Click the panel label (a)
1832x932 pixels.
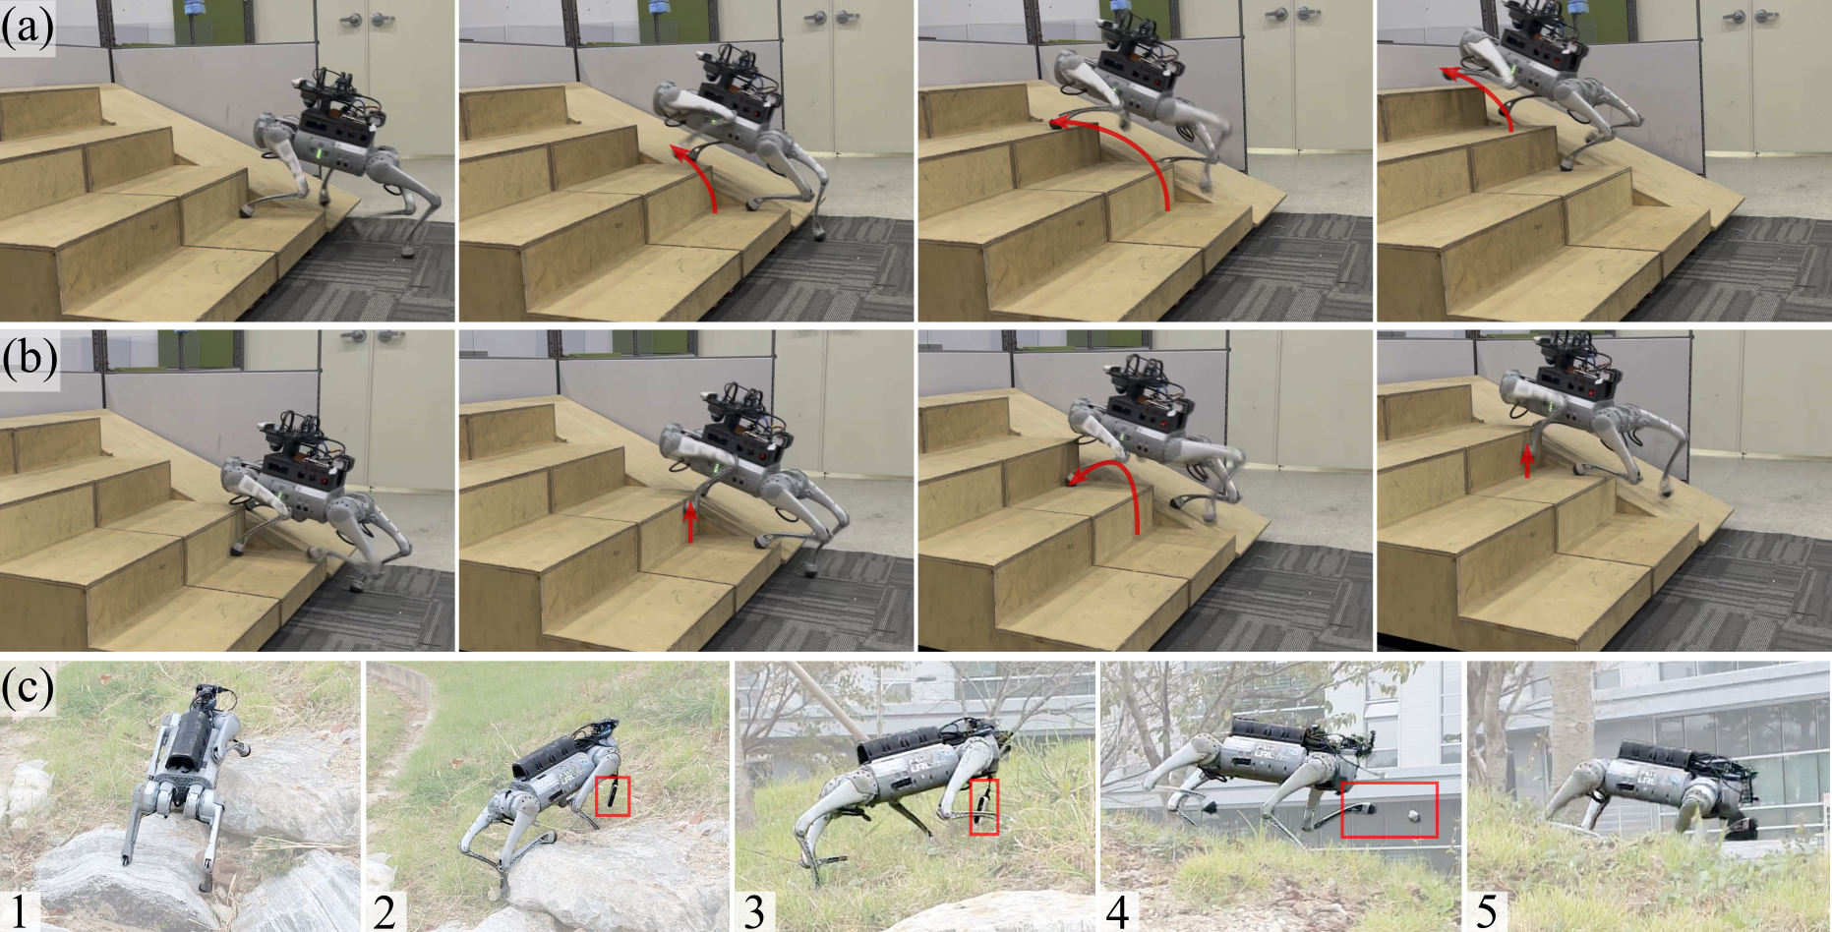point(27,28)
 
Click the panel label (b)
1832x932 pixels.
point(29,359)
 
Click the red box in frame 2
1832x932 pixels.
point(613,795)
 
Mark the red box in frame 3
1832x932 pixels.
point(984,807)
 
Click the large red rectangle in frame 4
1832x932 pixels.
point(1389,810)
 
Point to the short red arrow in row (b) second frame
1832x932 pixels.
point(690,520)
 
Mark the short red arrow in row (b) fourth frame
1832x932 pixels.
point(1526,460)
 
